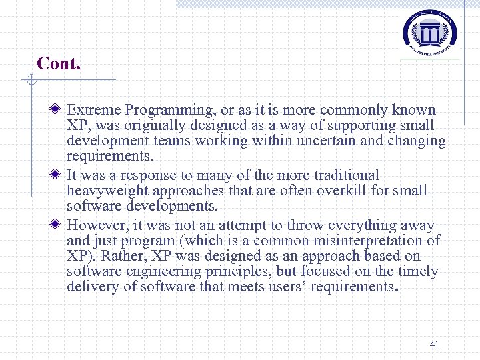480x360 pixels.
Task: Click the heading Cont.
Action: [x=59, y=63]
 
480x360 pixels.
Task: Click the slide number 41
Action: [x=434, y=344]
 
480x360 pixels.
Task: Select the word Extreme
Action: [x=94, y=110]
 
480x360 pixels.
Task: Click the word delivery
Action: [x=91, y=287]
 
